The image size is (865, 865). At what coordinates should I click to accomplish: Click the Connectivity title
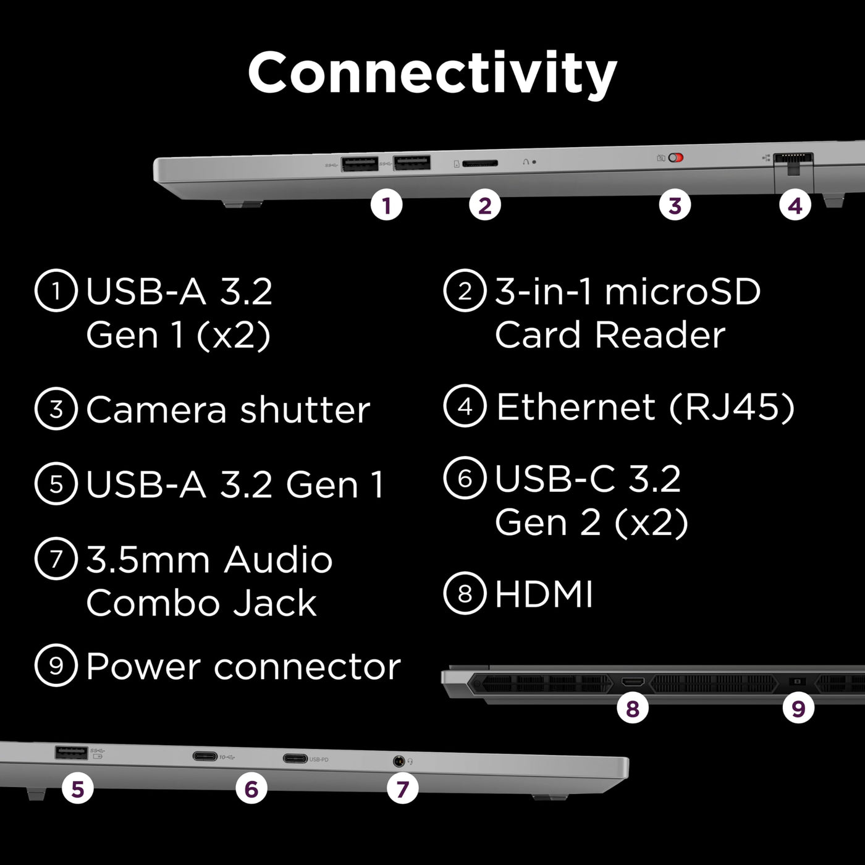(432, 73)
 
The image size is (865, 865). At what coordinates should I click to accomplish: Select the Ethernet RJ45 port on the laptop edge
(793, 159)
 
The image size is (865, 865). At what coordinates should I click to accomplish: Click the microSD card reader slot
(480, 163)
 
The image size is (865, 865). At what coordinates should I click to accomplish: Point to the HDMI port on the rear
(633, 682)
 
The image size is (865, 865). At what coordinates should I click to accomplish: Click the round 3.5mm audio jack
(399, 761)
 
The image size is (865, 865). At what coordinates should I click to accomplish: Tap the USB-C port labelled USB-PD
(295, 758)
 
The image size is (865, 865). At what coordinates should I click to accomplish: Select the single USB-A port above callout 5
(71, 752)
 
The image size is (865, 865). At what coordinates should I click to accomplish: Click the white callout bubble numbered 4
(795, 206)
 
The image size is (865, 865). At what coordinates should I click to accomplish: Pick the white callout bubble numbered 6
(251, 789)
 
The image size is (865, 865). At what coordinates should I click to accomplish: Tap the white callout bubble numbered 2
(485, 206)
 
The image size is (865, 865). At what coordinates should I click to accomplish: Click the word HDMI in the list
(544, 594)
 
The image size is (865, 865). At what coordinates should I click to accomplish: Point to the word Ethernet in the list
(575, 407)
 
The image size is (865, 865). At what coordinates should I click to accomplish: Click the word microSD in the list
(682, 292)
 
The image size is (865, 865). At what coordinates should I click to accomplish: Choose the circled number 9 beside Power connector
(56, 665)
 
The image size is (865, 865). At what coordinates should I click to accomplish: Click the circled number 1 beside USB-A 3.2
(56, 290)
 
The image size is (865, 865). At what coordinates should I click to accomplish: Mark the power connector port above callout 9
(797, 681)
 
